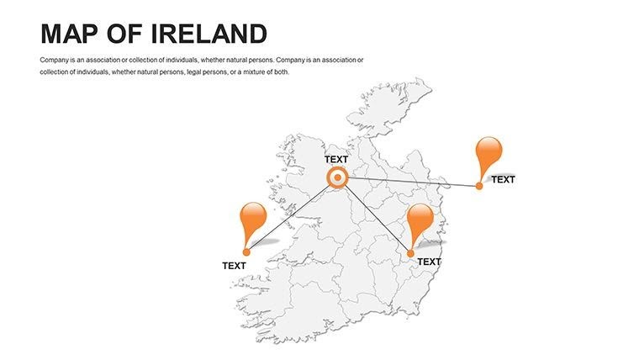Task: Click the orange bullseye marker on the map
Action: coord(337,177)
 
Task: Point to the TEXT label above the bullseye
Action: coord(335,159)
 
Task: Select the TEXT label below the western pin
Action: coord(234,266)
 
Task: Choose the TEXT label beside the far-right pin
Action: coord(503,179)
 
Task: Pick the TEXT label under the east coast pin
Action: coord(429,262)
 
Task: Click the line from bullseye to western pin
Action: coord(290,214)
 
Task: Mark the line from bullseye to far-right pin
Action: coord(412,182)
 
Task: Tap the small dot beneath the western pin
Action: coord(246,251)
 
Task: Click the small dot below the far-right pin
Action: coord(479,186)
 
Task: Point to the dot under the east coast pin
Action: coord(411,253)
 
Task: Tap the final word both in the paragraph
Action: coord(282,72)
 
